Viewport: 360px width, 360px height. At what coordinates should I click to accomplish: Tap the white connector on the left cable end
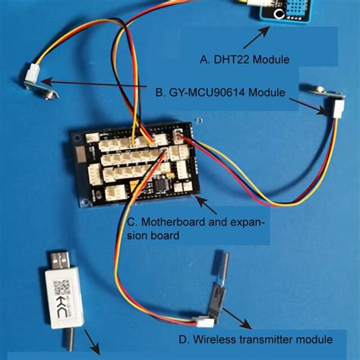[33, 74]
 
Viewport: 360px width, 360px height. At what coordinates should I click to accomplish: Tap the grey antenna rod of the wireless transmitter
[223, 267]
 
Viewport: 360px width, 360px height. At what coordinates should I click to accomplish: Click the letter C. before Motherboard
[132, 223]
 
